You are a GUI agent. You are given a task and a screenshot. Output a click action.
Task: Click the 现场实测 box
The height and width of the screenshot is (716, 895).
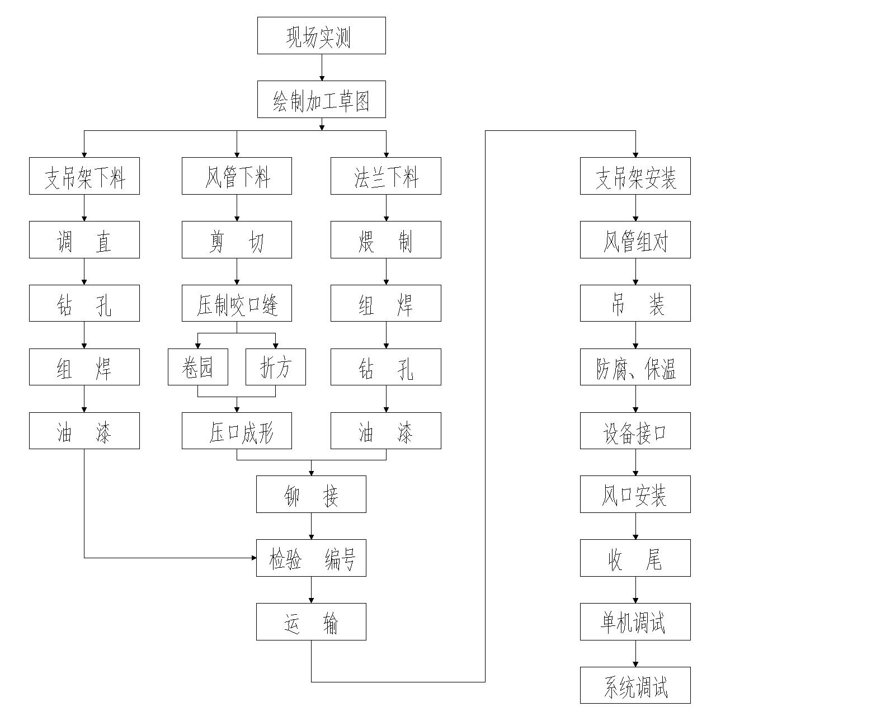pos(321,36)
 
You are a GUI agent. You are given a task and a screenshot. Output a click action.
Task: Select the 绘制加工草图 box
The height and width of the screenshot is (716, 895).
pos(321,100)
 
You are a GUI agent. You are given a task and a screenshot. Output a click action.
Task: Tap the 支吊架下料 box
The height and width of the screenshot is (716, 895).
pos(84,176)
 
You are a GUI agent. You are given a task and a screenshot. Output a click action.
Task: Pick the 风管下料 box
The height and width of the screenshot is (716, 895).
pos(237,176)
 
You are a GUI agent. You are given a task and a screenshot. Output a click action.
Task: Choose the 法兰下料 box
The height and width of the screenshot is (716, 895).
pos(385,176)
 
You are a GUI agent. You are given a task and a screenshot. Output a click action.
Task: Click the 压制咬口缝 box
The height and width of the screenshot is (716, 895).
pos(237,303)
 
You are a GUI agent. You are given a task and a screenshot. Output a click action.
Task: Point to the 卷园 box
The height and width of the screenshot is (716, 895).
pos(198,367)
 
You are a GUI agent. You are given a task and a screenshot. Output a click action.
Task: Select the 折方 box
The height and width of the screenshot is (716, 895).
pos(276,367)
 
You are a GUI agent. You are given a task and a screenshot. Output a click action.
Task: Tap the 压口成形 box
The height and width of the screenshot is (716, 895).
pos(237,431)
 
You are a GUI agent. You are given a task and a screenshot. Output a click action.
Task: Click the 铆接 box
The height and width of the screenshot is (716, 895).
pos(311,494)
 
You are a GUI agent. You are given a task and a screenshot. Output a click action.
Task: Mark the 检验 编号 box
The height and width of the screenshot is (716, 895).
pos(311,558)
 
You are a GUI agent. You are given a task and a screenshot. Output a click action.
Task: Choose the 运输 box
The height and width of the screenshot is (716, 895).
pos(311,622)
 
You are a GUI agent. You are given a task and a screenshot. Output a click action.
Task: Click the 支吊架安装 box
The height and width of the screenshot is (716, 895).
pos(635,176)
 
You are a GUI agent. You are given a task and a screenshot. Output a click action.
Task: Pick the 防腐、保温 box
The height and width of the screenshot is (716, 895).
pos(635,367)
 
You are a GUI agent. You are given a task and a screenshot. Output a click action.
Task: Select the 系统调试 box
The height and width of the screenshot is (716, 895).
pos(635,685)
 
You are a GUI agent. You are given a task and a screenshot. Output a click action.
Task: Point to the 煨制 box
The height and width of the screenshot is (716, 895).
pos(385,240)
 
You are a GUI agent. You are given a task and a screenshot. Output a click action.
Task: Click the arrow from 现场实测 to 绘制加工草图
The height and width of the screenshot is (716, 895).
pos(322,68)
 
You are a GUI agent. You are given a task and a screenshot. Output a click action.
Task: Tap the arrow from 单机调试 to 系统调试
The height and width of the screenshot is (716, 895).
pos(635,653)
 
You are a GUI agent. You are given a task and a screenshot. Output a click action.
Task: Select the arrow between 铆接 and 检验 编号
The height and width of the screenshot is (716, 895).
pos(312,526)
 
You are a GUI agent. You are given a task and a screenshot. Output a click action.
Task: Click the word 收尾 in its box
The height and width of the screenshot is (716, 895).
pos(635,558)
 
